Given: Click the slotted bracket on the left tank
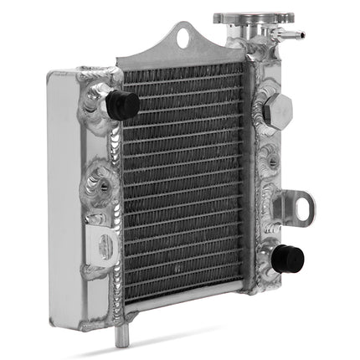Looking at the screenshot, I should tap(103, 247).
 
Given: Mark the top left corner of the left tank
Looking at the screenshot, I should tap(52, 73).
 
